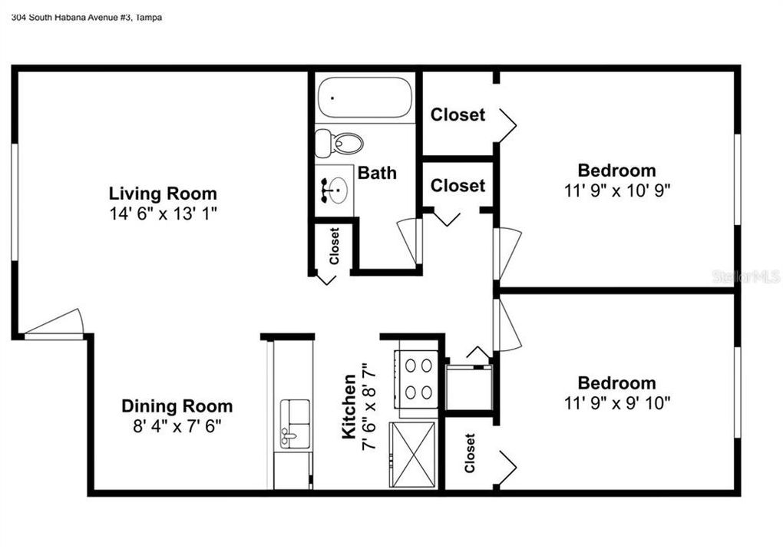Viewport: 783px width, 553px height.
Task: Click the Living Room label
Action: pos(163,194)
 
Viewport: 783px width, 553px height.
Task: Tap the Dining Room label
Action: pos(177,406)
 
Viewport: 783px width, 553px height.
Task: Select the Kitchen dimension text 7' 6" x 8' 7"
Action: pos(369,406)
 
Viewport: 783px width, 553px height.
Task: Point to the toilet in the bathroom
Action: pos(339,143)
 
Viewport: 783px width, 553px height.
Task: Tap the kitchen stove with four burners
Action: pos(417,379)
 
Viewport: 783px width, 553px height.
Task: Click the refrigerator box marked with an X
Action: pos(412,455)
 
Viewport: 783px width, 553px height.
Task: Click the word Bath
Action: pos(377,173)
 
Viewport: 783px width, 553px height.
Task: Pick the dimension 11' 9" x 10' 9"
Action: pos(616,190)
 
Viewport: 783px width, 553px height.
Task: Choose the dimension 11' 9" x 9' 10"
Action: pos(616,402)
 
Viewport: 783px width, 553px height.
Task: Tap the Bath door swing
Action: pos(409,241)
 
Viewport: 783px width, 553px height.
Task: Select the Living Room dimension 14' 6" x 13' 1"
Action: pos(163,214)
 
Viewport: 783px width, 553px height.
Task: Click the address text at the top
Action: pos(87,18)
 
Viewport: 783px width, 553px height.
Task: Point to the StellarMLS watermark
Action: pos(746,276)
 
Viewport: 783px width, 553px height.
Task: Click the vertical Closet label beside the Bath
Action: pos(334,246)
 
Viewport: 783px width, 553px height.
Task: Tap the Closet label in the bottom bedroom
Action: pos(469,453)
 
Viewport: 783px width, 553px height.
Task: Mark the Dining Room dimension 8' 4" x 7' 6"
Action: pos(177,426)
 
